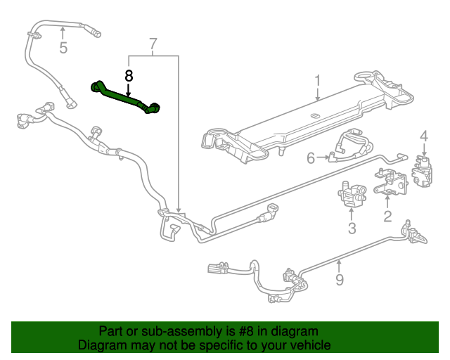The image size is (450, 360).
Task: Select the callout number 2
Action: coord(387,216)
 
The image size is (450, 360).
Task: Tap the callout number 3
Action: coord(352,229)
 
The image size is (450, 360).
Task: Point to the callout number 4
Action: coord(424,136)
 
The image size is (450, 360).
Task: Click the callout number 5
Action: coord(63,48)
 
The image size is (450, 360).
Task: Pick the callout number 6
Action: coord(311,158)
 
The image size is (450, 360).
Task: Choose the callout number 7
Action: coord(153,44)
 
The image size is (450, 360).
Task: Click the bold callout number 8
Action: coord(129,77)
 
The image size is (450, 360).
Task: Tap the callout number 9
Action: coord(340,280)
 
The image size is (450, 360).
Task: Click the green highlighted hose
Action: coord(124,97)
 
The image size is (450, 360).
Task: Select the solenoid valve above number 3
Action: coord(352,194)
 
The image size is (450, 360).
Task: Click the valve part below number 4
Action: coord(422,171)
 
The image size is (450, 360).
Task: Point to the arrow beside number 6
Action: coord(323,157)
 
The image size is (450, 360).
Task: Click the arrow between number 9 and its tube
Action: coord(339,266)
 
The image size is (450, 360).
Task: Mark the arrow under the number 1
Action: coord(317,94)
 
